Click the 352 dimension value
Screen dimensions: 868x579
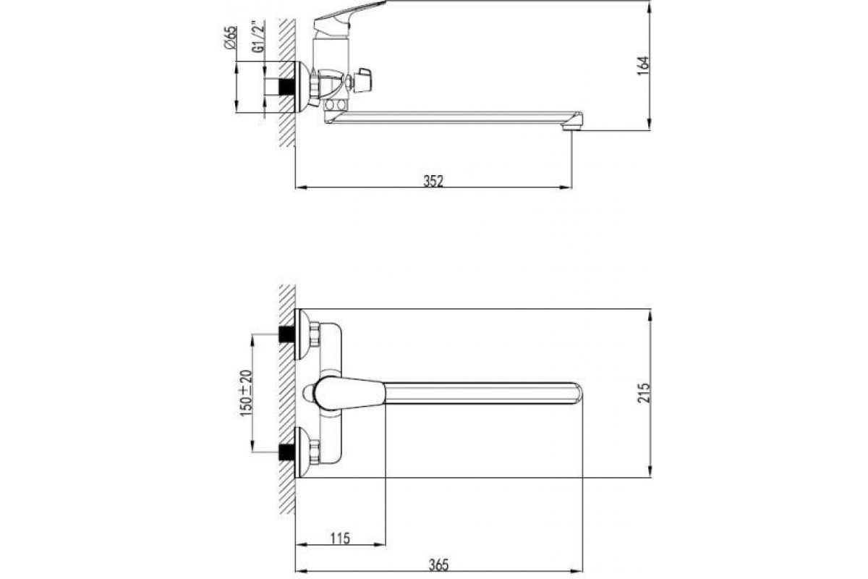tap(433, 181)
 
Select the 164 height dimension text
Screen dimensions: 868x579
tap(643, 66)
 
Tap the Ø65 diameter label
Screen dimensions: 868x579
tap(230, 38)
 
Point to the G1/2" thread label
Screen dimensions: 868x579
tap(258, 36)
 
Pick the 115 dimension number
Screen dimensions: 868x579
tap(340, 538)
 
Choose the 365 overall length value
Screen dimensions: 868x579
tap(438, 565)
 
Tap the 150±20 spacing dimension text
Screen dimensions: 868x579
tap(246, 393)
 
